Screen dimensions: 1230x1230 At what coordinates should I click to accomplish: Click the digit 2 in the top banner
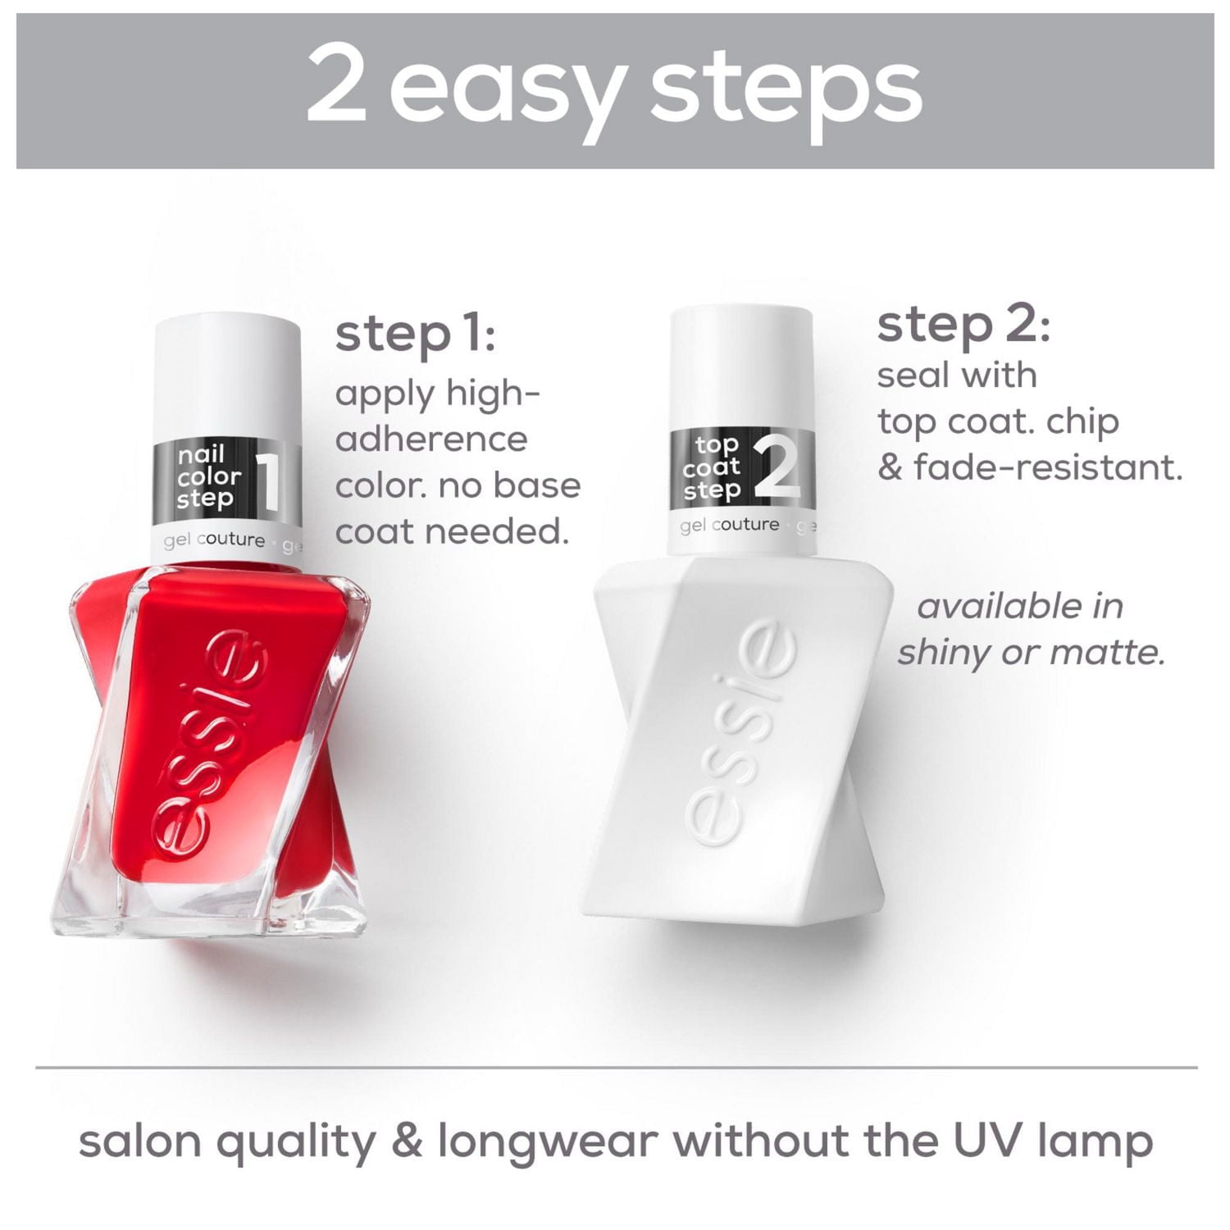335,84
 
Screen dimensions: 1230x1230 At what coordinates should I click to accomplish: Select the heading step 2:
963,326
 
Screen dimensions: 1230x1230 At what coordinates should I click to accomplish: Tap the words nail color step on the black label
208,476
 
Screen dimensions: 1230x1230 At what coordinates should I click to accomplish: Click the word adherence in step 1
431,440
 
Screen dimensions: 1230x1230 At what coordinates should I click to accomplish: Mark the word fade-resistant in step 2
1047,468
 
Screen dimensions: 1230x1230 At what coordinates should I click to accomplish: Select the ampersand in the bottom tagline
407,1141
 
